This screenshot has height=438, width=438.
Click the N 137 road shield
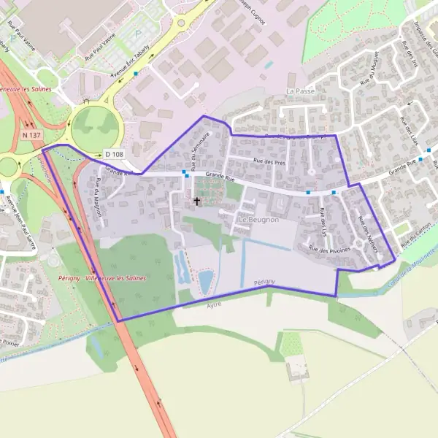[31, 136]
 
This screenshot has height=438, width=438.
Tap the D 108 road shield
[112, 154]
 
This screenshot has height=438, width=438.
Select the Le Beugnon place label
[258, 219]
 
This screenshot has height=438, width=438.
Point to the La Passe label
[300, 91]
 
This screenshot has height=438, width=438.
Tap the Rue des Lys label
[323, 222]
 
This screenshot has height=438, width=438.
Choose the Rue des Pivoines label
[329, 250]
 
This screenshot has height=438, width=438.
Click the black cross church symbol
[196, 201]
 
